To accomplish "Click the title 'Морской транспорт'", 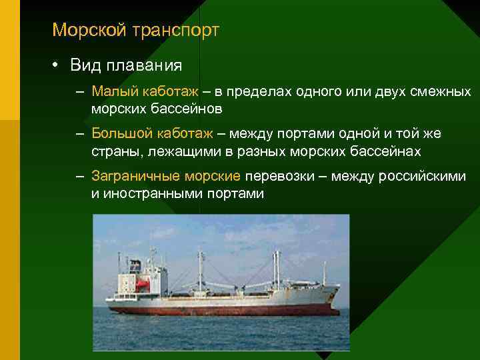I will tap(135, 30).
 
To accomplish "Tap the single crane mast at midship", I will tap(199, 270).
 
